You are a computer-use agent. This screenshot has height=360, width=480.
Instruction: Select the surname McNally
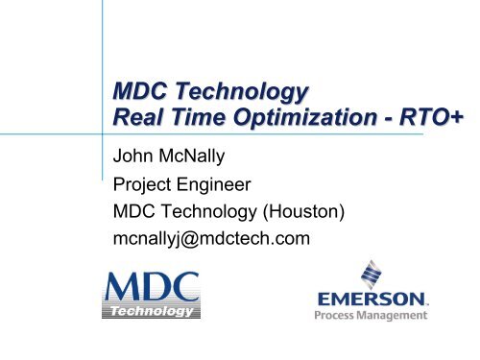(210, 155)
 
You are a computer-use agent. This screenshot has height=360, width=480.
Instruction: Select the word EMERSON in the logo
(371, 299)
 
